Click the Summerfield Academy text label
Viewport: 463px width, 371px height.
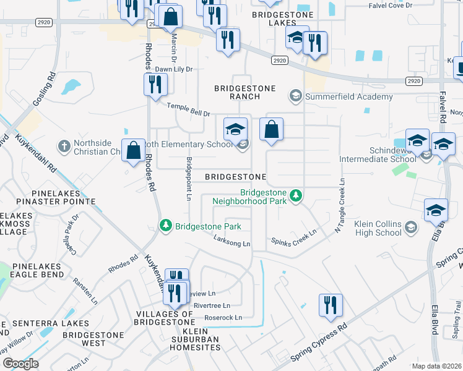click(349, 96)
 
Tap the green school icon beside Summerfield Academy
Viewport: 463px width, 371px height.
click(295, 96)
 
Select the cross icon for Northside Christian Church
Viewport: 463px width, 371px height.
click(64, 147)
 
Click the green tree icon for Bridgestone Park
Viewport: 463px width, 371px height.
click(165, 226)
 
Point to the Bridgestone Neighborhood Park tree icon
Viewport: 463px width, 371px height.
click(296, 196)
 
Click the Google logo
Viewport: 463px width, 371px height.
click(20, 363)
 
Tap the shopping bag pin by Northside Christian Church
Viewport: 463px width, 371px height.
click(134, 151)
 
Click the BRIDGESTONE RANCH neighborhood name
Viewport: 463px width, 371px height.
click(244, 92)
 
